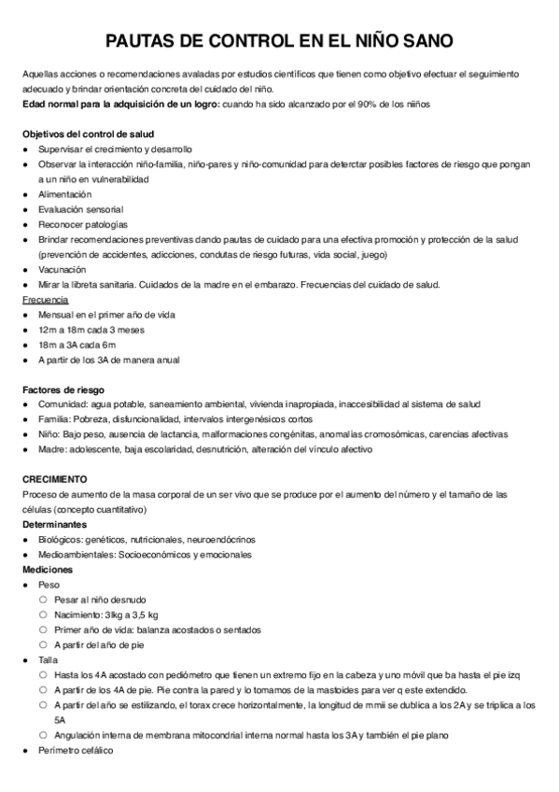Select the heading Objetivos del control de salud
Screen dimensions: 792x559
[x=88, y=134]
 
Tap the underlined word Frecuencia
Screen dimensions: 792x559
[x=45, y=299]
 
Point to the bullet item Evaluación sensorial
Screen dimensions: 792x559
[x=80, y=209]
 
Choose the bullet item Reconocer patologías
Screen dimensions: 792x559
[x=83, y=224]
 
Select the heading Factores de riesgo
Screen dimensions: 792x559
[x=63, y=389]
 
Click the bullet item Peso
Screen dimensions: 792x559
[x=48, y=584]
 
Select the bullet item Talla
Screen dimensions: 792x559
[x=48, y=659]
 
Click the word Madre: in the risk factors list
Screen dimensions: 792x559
[x=52, y=449]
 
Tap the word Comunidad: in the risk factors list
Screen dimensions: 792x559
[x=64, y=404]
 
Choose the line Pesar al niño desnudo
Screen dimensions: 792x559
[x=100, y=599]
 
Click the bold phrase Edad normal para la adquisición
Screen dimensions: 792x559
[x=105, y=103]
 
